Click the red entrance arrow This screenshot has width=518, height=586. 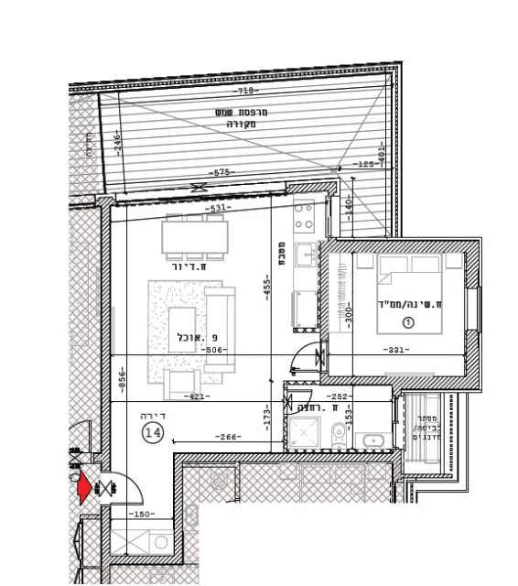pos(84,488)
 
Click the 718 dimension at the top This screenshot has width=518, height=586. pos(244,92)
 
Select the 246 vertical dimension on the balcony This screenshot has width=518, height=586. pos(116,143)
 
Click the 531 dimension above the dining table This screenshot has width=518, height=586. pos(217,209)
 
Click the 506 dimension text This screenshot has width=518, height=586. pos(213,351)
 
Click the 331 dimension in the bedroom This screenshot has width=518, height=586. pos(395,351)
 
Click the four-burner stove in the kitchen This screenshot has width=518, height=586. pos(304,216)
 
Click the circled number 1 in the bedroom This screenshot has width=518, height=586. pos(408,322)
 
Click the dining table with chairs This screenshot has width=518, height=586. pos(193,237)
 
